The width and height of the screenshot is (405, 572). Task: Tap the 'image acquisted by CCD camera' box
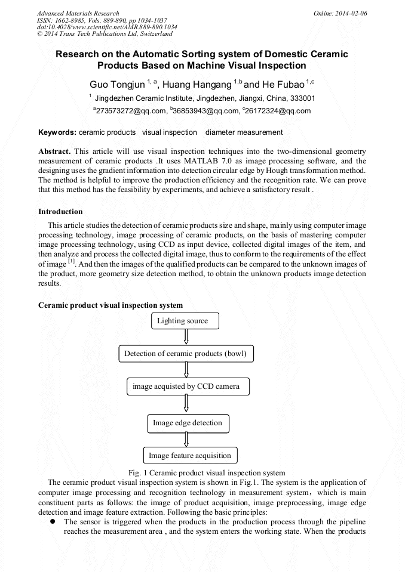coord(188,387)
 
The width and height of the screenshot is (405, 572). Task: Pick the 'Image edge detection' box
coord(187,423)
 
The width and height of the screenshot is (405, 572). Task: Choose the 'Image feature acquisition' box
coord(189,456)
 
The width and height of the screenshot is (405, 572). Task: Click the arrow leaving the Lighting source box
coord(186,337)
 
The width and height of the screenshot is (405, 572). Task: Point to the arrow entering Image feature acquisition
coord(188,440)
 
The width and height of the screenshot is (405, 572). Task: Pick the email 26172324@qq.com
coord(278,111)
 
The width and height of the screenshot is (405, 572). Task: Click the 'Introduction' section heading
coord(60,212)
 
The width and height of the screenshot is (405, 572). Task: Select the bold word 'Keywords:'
coord(57,132)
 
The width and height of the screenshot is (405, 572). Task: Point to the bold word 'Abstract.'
coord(54,151)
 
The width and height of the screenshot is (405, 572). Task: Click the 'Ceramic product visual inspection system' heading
coord(111,305)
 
